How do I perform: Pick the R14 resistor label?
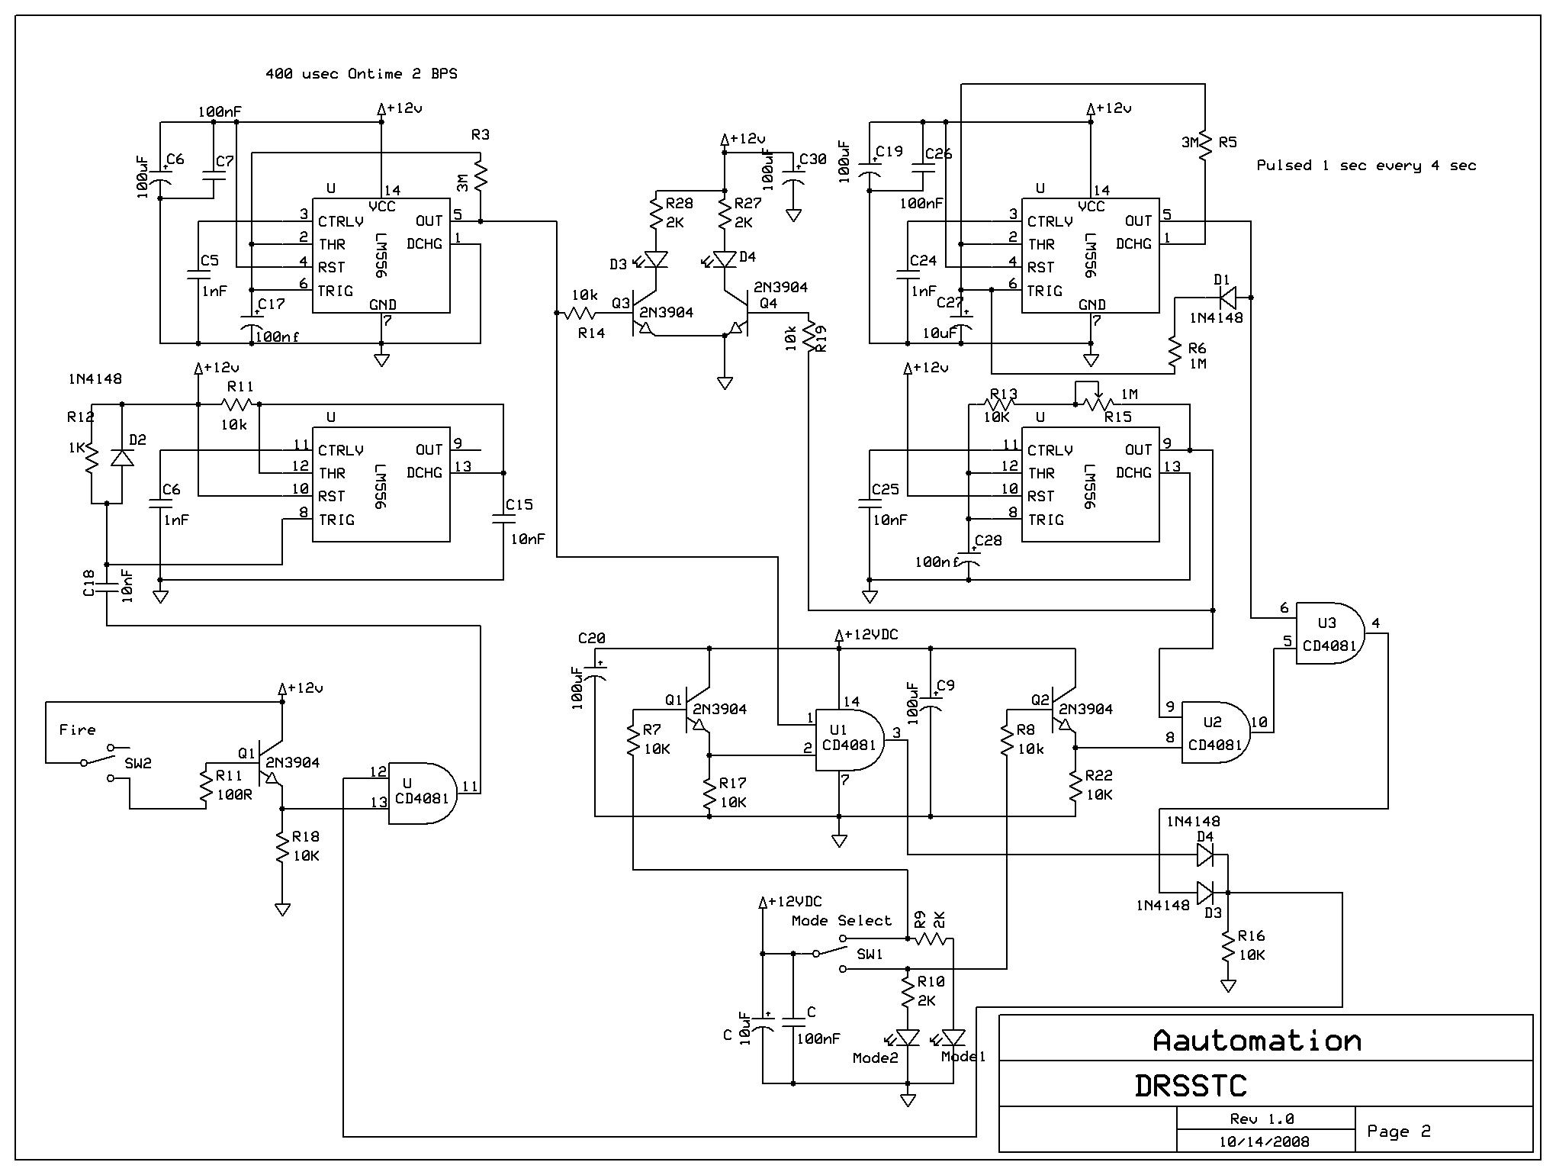pos(591,333)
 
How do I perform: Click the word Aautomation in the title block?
pos(1257,1041)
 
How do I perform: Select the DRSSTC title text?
pos(1190,1086)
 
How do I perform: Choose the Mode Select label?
pos(841,921)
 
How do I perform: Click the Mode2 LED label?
pos(875,1058)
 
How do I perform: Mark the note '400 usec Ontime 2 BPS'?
pos(361,74)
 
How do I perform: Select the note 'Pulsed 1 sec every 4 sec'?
pos(1366,166)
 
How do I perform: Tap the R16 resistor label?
pos(1251,936)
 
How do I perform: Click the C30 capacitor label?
pos(812,159)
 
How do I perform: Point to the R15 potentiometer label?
pos(1118,417)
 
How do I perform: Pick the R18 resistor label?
pos(305,837)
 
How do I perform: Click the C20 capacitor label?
pos(592,638)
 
